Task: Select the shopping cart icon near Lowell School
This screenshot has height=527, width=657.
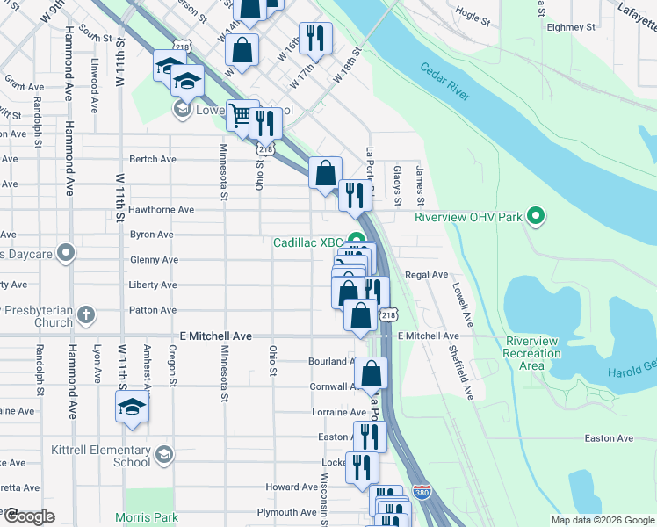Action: coord(238,114)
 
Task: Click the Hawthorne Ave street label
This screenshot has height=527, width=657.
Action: coord(162,210)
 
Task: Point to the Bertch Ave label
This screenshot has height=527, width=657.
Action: coord(153,159)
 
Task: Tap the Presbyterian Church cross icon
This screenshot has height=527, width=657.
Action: coord(85,314)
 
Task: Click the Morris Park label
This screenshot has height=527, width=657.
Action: coord(147,517)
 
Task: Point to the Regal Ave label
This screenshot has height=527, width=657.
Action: coord(426,275)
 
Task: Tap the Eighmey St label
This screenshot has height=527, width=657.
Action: coord(571,27)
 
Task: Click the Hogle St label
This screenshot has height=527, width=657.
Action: coord(472,16)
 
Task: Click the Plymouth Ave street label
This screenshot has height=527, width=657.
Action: coord(286,512)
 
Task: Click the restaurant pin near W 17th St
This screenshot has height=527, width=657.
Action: coord(314,38)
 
